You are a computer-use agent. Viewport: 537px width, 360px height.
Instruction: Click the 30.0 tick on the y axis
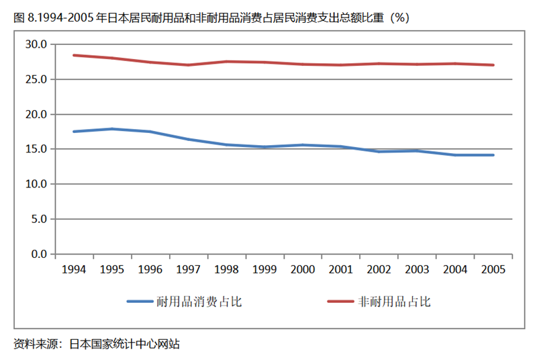[36, 44]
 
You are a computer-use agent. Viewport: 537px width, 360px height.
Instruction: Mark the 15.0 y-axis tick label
[36, 149]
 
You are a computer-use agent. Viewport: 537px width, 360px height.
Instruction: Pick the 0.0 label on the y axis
[38, 254]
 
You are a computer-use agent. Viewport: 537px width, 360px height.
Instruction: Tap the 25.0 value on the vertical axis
[36, 79]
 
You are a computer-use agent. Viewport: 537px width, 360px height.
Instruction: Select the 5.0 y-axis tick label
[38, 219]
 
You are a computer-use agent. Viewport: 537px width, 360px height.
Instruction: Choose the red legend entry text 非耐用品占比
[395, 302]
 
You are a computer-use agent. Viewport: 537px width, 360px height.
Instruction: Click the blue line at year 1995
[111, 129]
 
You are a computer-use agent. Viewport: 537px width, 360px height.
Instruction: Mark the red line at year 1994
[73, 55]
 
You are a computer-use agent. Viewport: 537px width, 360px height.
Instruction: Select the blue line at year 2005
[493, 155]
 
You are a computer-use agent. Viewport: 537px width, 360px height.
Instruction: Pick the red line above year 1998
[226, 62]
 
